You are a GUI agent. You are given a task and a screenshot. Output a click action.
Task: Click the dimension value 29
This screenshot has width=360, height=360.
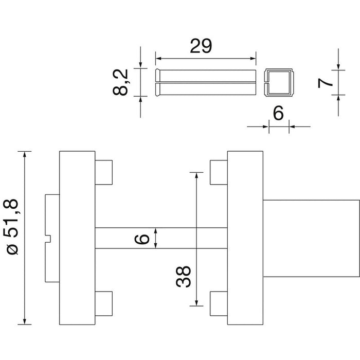[x=201, y=46]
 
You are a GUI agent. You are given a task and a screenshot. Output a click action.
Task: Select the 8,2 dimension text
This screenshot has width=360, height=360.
[x=120, y=82]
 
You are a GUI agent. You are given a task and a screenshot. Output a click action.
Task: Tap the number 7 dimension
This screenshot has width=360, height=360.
[x=325, y=83]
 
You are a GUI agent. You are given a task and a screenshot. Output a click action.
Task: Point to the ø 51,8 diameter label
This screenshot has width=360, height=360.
[x=12, y=227]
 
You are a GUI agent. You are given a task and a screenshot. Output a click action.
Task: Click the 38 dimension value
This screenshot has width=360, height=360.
[x=183, y=277]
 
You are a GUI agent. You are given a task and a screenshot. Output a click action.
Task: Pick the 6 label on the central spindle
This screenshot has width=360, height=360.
[x=141, y=239]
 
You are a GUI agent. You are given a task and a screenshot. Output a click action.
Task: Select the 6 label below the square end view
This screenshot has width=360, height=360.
[x=279, y=113]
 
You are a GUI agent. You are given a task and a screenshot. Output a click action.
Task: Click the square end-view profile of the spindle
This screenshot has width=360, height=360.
[x=279, y=82]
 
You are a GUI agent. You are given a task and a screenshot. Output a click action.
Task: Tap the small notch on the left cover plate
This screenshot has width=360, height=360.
[x=48, y=239]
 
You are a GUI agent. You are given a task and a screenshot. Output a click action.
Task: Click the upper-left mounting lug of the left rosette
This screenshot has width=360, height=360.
[x=104, y=172]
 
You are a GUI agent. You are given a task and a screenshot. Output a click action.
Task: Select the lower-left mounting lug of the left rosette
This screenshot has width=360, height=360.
[x=104, y=303]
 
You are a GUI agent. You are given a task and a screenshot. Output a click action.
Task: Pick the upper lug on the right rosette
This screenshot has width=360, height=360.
[x=219, y=172]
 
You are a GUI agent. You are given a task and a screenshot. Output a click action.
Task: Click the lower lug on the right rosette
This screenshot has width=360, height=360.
[x=219, y=303]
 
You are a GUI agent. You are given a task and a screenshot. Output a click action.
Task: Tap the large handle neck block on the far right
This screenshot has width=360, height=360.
[x=311, y=238]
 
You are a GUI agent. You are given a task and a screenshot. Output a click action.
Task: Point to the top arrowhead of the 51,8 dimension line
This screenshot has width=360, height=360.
[x=25, y=154]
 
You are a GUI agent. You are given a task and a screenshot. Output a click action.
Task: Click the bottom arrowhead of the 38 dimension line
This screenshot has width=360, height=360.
[x=196, y=303]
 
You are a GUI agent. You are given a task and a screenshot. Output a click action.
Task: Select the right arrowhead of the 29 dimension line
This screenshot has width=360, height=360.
[x=253, y=59]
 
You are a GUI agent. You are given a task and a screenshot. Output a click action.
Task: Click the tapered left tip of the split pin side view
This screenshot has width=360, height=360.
[x=157, y=82]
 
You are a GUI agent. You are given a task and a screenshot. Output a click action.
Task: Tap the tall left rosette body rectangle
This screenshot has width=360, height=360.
[x=77, y=238]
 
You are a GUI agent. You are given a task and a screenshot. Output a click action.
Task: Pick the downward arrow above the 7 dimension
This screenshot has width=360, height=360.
[x=338, y=59]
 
